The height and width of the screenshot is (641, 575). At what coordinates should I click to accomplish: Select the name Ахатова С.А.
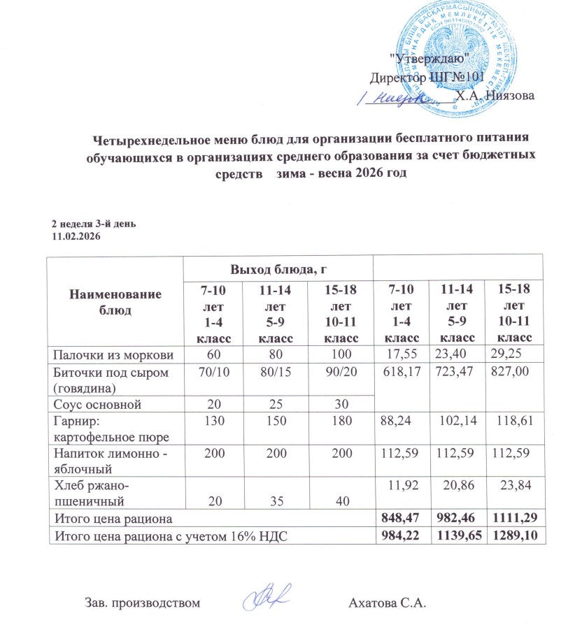(387, 603)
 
